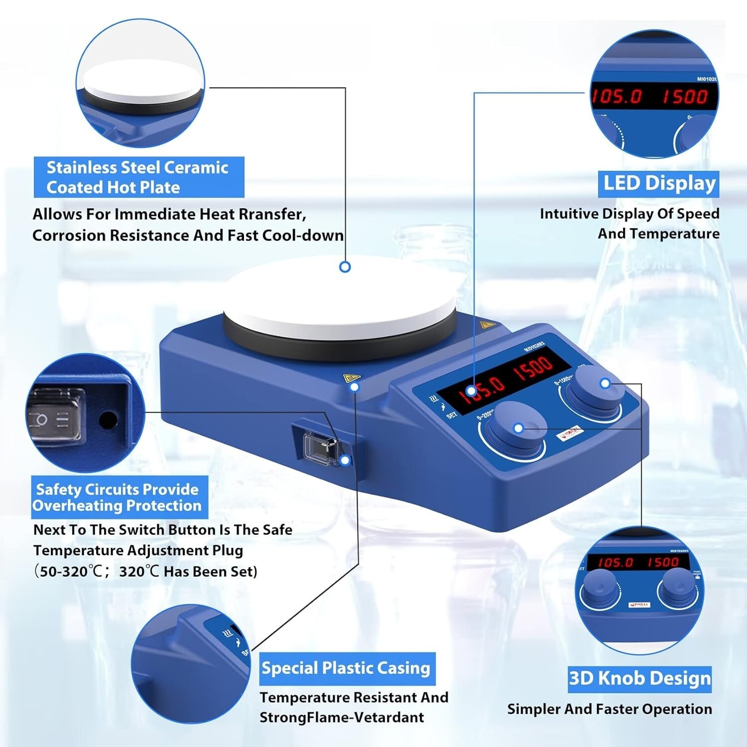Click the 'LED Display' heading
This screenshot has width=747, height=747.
point(659,184)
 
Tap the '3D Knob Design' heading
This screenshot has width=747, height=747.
point(639,678)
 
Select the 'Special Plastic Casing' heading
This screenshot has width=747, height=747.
point(346,668)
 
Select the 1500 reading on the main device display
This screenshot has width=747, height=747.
point(533,368)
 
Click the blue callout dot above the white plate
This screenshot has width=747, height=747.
point(345,267)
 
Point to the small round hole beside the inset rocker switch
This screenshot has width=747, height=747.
point(107,420)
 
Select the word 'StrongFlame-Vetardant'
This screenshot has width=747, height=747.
point(342,718)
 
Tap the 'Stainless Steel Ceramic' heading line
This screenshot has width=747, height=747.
point(137,168)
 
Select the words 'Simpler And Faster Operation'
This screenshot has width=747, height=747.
point(610,709)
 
